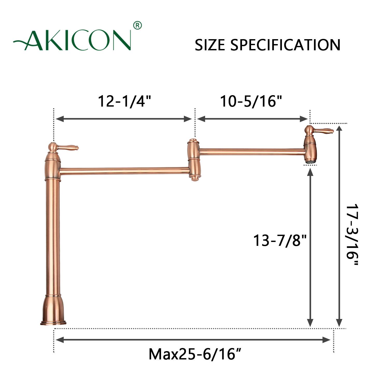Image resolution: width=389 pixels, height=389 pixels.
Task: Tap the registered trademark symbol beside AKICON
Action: [x=137, y=25]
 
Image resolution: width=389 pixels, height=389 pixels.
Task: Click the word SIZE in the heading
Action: [x=210, y=45]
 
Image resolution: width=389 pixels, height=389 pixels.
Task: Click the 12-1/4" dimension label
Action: [x=124, y=101]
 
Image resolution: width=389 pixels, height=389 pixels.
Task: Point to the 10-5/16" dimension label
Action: [x=251, y=101]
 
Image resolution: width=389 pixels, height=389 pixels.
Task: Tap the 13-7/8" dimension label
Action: [x=280, y=240]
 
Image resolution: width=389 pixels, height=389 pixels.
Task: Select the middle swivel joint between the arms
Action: [x=193, y=159]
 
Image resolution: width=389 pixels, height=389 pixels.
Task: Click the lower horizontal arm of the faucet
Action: [x=124, y=171]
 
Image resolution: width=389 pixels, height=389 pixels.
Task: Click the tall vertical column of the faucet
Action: [x=53, y=233]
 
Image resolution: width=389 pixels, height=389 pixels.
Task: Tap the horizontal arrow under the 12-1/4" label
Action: [x=124, y=119]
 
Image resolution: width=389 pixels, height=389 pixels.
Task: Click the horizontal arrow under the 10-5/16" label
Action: [x=252, y=119]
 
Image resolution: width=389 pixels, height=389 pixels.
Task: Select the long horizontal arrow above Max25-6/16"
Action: [x=193, y=340]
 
